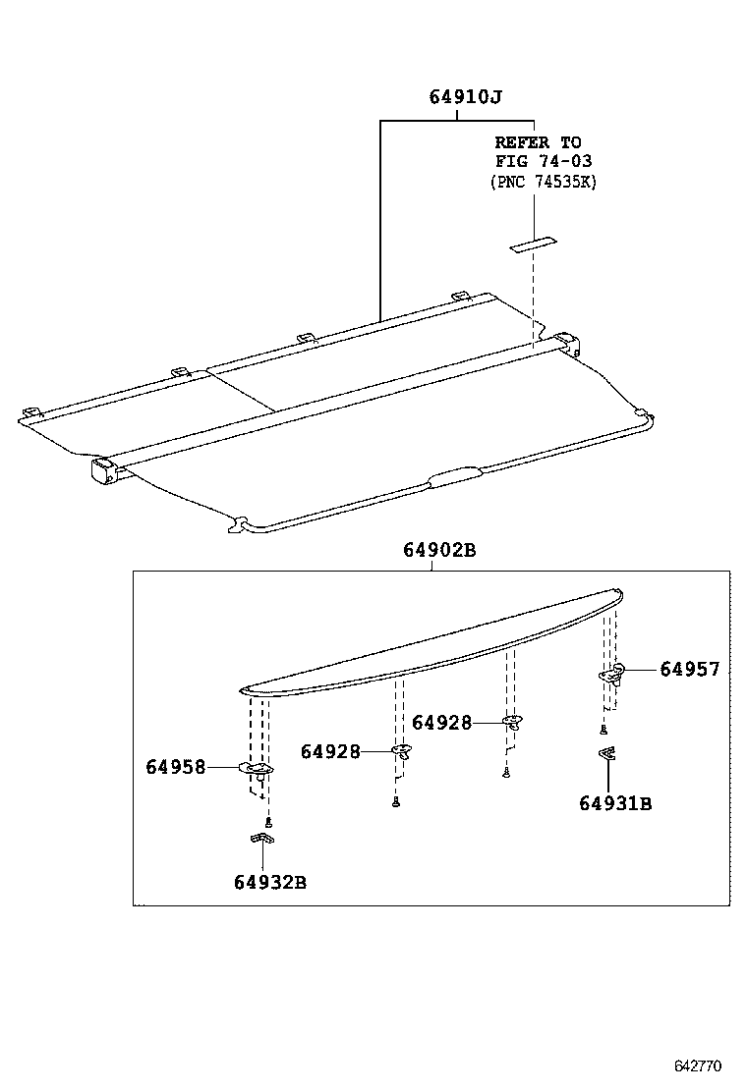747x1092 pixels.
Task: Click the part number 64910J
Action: tap(466, 98)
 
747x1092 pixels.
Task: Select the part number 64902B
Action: tap(438, 551)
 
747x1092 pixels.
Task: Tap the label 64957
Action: tap(689, 670)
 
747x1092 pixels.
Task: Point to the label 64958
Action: tap(176, 767)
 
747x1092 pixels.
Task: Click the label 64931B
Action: tap(615, 803)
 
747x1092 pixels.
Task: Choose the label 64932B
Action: tap(270, 882)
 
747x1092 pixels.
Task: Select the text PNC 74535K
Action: tap(544, 182)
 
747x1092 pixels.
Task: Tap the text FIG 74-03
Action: tap(544, 161)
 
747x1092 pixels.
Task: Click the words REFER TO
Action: tap(538, 142)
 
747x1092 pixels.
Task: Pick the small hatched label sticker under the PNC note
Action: tap(532, 245)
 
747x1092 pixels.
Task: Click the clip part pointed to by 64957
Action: tap(612, 675)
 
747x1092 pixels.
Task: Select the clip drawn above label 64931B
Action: tap(608, 754)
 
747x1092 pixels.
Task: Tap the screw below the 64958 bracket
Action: tap(266, 821)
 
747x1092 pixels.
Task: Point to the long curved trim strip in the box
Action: tap(432, 643)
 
